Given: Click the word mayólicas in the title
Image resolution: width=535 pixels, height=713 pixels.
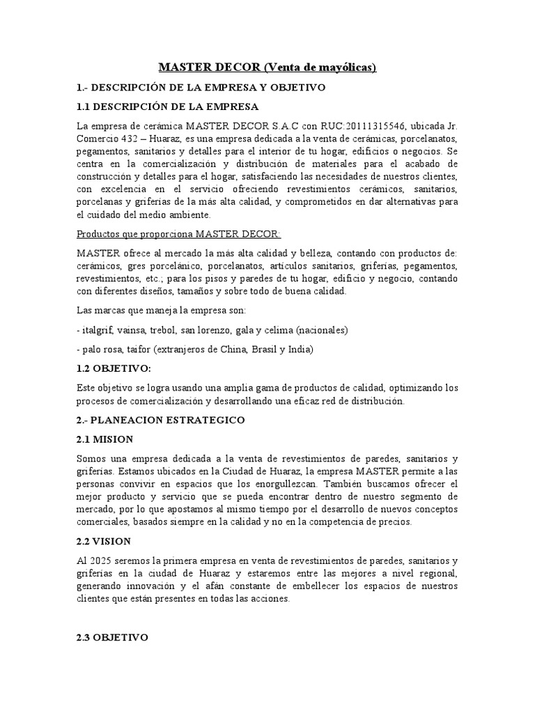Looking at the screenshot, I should point(342,68).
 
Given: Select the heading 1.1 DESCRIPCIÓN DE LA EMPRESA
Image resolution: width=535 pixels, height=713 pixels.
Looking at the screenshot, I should point(167,107).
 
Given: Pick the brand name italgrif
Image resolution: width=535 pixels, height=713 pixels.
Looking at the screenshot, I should point(98,329).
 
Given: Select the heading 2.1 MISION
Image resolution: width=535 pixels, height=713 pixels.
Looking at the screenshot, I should point(104,439).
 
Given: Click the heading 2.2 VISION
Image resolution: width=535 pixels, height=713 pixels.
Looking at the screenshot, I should point(104,540).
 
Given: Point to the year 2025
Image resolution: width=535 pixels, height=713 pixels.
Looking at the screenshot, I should point(102,561).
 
